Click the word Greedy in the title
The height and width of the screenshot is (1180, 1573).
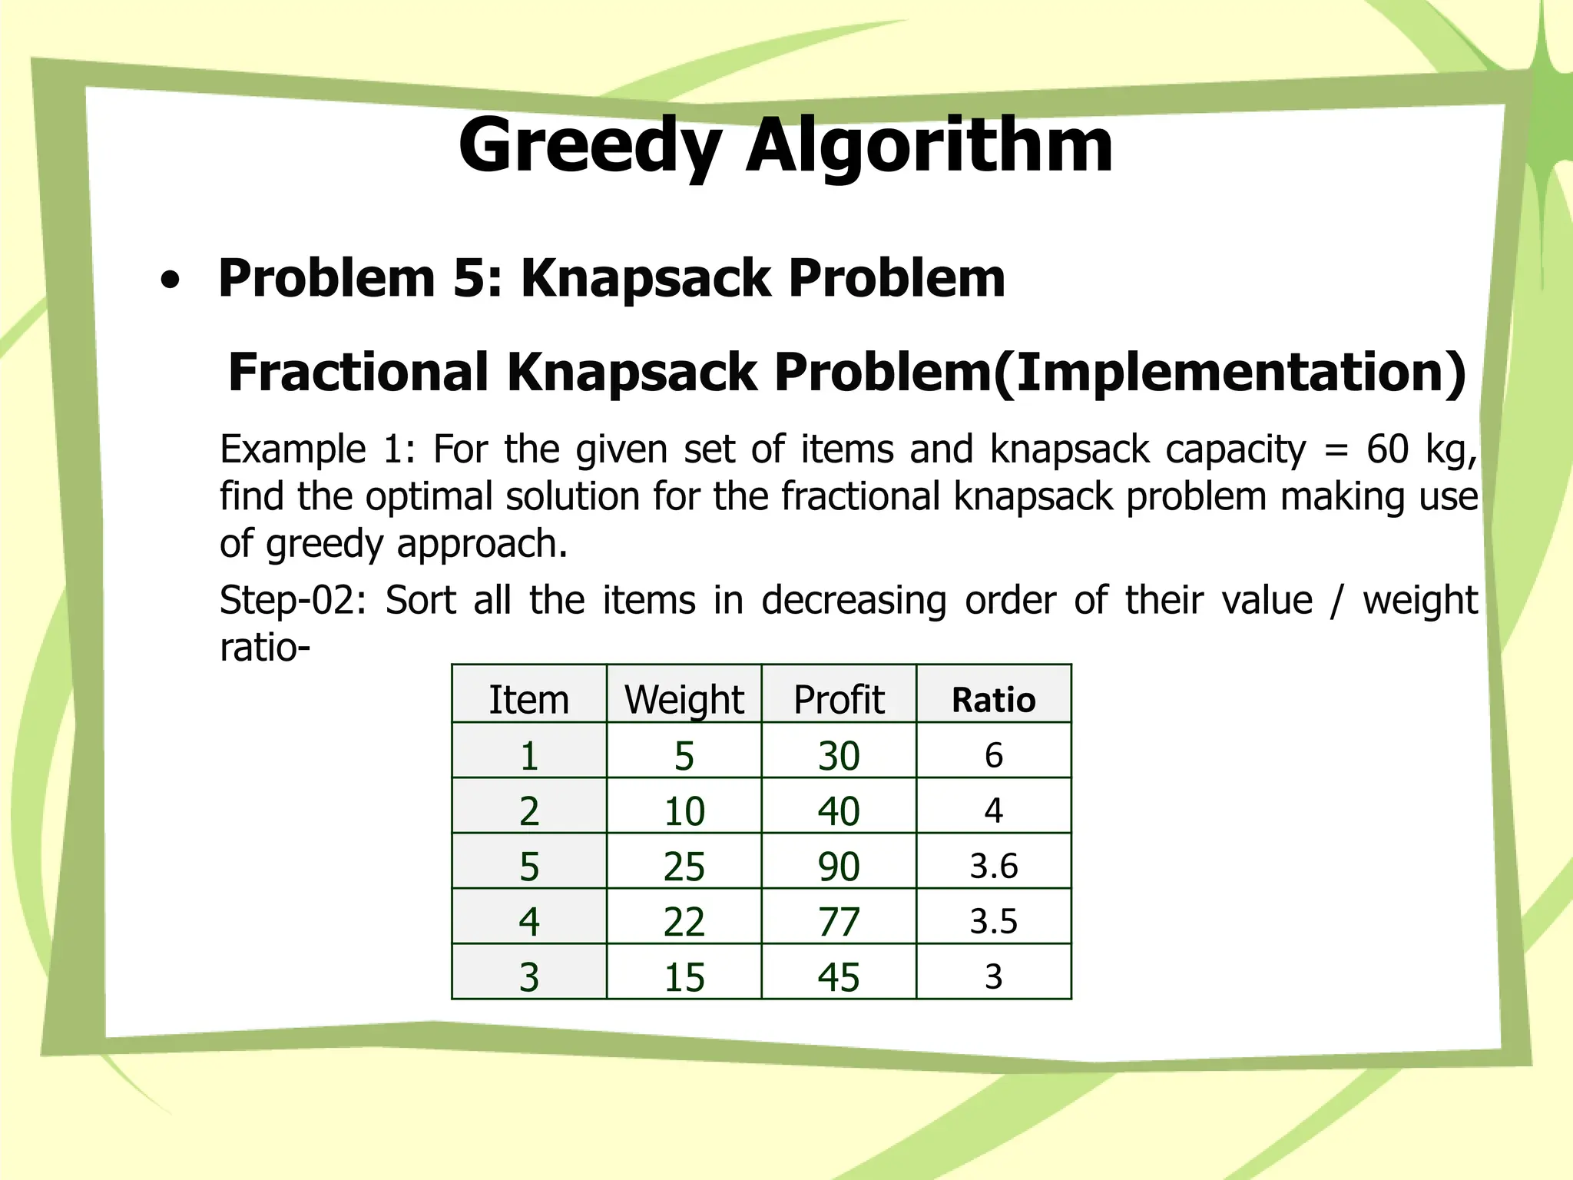pyautogui.click(x=590, y=146)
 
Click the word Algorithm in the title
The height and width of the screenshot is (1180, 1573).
pyautogui.click(x=929, y=146)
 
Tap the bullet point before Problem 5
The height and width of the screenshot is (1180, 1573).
pyautogui.click(x=171, y=282)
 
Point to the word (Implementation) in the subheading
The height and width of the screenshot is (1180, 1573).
pyautogui.click(x=1229, y=373)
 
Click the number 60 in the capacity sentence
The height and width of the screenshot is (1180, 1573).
pyautogui.click(x=1387, y=449)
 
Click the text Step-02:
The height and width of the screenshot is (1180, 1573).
pyautogui.click(x=293, y=600)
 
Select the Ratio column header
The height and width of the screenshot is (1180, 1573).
pyautogui.click(x=993, y=700)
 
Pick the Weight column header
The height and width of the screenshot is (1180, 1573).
pyautogui.click(x=684, y=700)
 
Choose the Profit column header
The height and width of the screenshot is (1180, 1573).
pyautogui.click(x=839, y=700)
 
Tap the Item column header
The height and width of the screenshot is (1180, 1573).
pyautogui.click(x=529, y=700)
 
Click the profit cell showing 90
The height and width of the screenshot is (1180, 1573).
pyautogui.click(x=839, y=866)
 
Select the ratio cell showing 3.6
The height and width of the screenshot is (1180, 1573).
pyautogui.click(x=993, y=866)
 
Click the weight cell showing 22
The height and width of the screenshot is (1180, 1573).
pyautogui.click(x=684, y=921)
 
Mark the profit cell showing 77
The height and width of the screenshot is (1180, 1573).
pyautogui.click(x=839, y=921)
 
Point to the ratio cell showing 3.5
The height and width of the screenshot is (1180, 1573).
pyautogui.click(x=993, y=921)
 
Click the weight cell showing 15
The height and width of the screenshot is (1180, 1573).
pyautogui.click(x=684, y=977)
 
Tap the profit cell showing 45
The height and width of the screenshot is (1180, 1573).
pyautogui.click(x=839, y=977)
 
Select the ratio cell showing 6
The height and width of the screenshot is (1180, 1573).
pyautogui.click(x=993, y=755)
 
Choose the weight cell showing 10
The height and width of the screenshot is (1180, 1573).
pyautogui.click(x=684, y=810)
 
